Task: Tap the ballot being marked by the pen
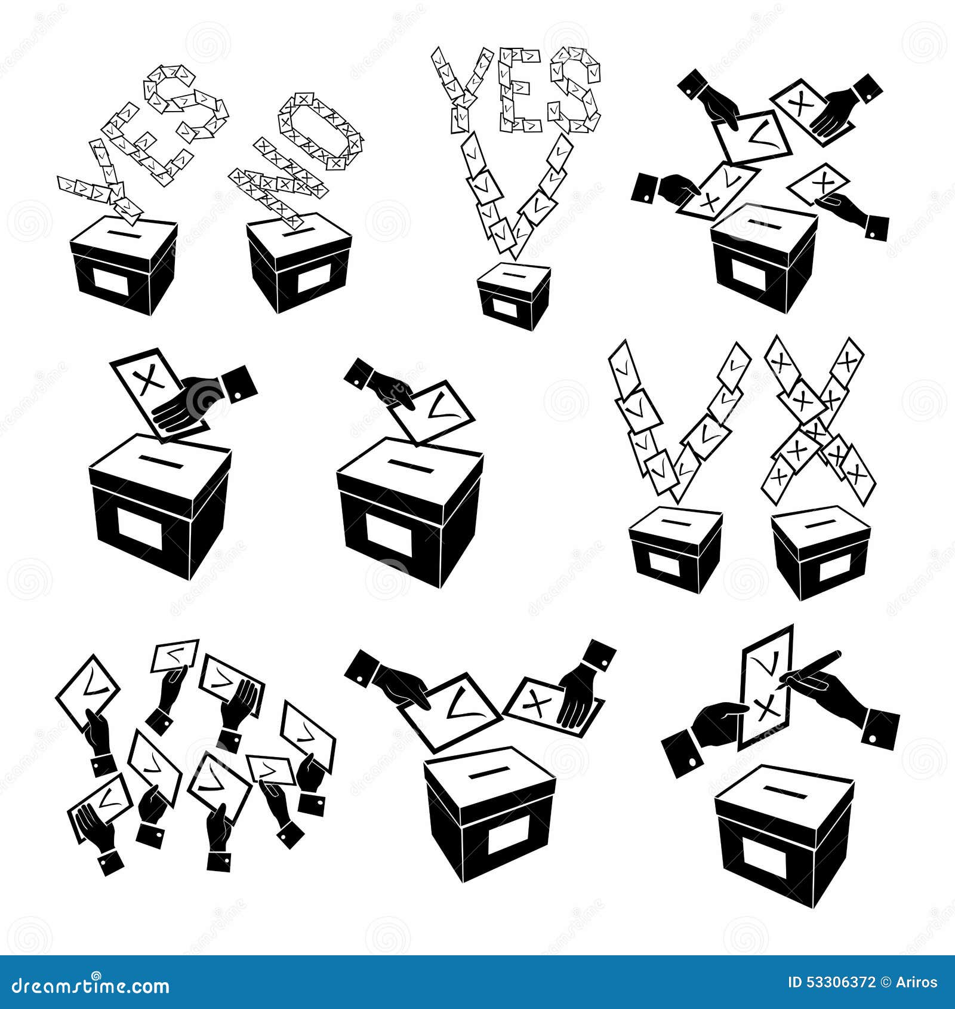[765, 687]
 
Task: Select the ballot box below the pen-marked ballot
[783, 833]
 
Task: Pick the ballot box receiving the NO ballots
[298, 263]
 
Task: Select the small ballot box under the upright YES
[513, 296]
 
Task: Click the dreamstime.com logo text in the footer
[90, 986]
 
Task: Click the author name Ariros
[917, 982]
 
